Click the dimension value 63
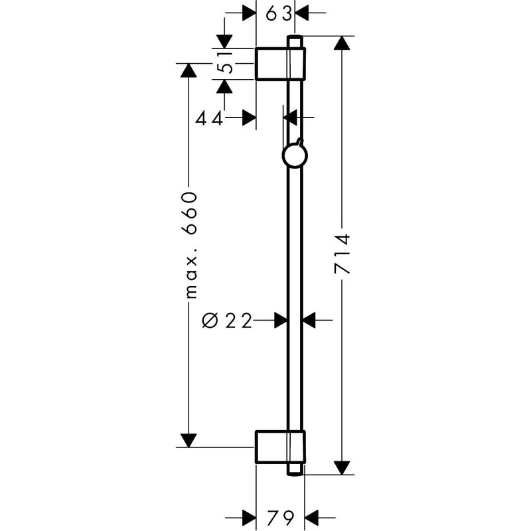[278, 14]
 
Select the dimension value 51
[225, 62]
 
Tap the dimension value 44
[209, 119]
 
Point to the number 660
[189, 213]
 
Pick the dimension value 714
[342, 254]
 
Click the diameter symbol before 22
[210, 321]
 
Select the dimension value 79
[280, 517]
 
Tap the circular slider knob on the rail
[295, 155]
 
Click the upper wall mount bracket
[280, 64]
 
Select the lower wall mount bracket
[280, 447]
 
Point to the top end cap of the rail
[295, 41]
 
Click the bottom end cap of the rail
[295, 469]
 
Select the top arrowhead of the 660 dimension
[189, 70]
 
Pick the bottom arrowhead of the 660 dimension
[189, 440]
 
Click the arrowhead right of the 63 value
[303, 13]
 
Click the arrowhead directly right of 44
[249, 118]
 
